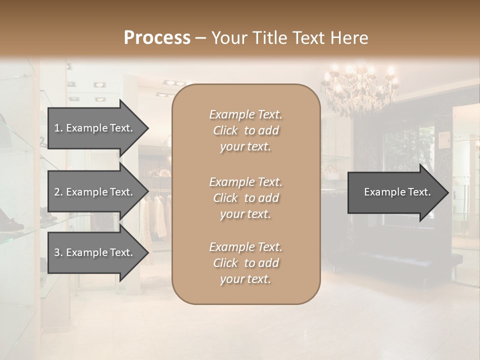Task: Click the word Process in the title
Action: point(157,38)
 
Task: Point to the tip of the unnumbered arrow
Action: point(447,192)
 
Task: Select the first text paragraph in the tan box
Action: point(245,130)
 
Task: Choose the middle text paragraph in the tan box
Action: point(245,198)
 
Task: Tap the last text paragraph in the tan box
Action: point(245,263)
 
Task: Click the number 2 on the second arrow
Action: point(57,192)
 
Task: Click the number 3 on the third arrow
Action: point(57,252)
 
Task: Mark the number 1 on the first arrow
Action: point(57,128)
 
